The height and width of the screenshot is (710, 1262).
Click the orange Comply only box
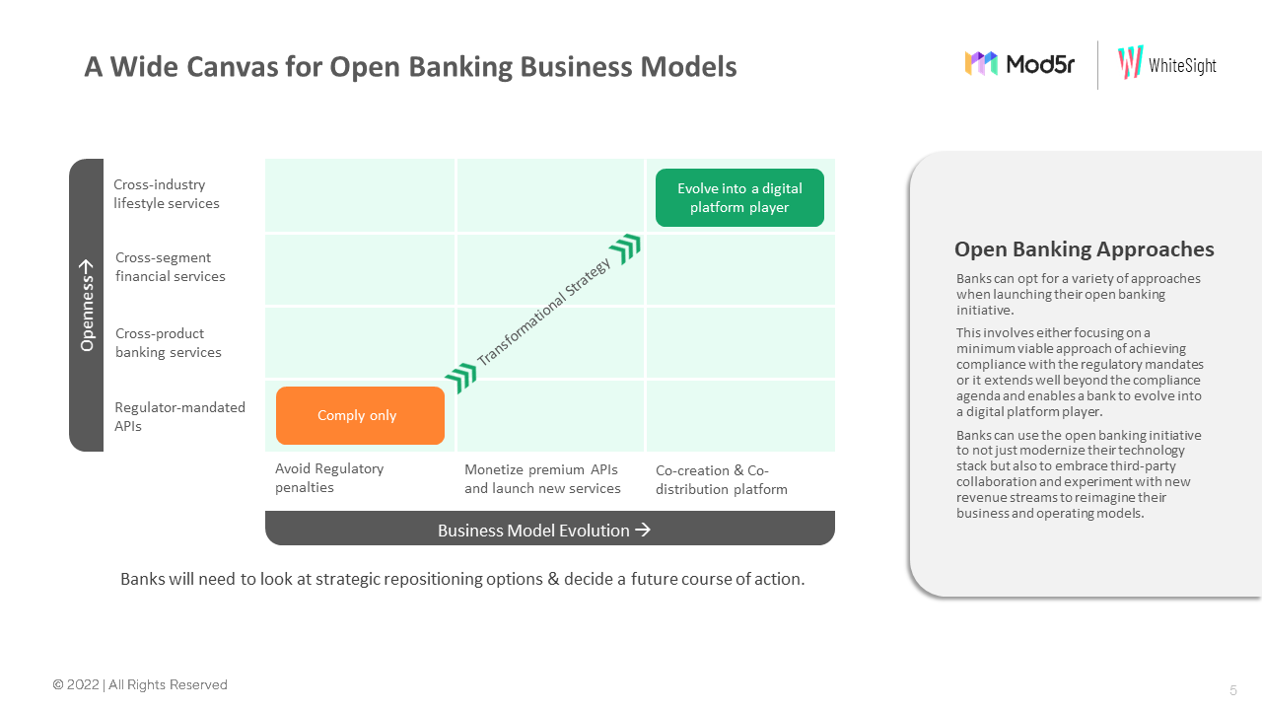[360, 415]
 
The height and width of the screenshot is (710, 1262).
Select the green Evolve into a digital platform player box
[739, 197]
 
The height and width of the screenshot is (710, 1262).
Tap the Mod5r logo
[1019, 64]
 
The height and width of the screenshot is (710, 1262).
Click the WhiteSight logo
[1167, 64]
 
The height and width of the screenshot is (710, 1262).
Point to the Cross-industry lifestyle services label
[167, 194]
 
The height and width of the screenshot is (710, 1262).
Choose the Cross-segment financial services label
[171, 267]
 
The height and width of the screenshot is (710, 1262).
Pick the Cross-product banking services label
[169, 342]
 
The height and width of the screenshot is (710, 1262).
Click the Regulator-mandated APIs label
[179, 416]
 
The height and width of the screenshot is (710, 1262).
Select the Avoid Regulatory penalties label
[329, 478]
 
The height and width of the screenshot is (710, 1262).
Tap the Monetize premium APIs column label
[542, 478]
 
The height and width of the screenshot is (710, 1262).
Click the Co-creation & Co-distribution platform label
[722, 479]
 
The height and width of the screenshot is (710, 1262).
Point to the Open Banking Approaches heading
[1084, 249]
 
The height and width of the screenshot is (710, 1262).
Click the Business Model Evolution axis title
[543, 531]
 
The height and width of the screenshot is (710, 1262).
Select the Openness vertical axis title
[87, 305]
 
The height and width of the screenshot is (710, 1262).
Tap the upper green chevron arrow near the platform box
[625, 249]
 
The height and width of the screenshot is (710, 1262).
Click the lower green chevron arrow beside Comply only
[460, 378]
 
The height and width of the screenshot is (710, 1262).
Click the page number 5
[1232, 690]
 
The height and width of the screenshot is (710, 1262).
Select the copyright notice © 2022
[140, 685]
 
